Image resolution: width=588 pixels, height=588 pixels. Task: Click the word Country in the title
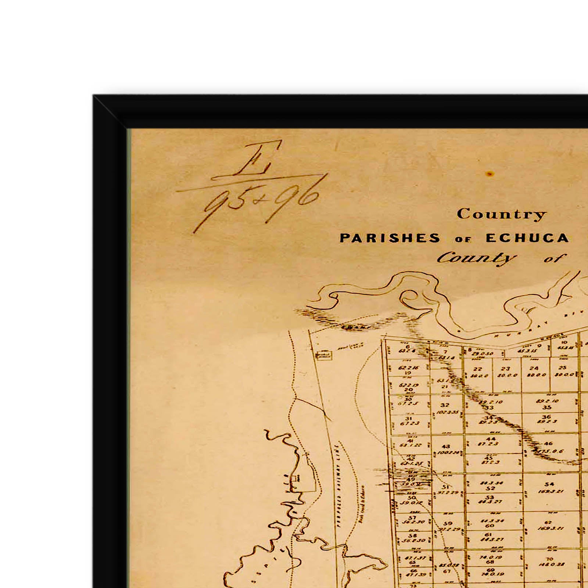coord(501,214)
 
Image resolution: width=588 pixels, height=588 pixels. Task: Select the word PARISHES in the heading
coord(390,238)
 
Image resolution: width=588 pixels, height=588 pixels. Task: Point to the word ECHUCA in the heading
coord(527,238)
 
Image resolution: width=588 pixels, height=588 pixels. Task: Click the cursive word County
coord(476,258)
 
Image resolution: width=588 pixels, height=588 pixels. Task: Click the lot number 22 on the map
coord(477,369)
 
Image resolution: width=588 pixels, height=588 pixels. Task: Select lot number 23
coord(506,369)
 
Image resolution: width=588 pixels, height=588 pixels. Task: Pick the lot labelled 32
coord(445,405)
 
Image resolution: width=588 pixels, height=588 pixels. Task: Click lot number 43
coord(446,447)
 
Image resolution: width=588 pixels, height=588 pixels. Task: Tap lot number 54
coord(549,484)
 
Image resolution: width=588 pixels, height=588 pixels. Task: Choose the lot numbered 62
coord(548,522)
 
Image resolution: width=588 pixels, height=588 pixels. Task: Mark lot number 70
coord(549,559)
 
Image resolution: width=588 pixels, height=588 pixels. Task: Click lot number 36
coord(546,417)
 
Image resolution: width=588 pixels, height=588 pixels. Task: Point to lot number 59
coord(448,523)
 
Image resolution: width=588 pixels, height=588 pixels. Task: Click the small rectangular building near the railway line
coord(324,355)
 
